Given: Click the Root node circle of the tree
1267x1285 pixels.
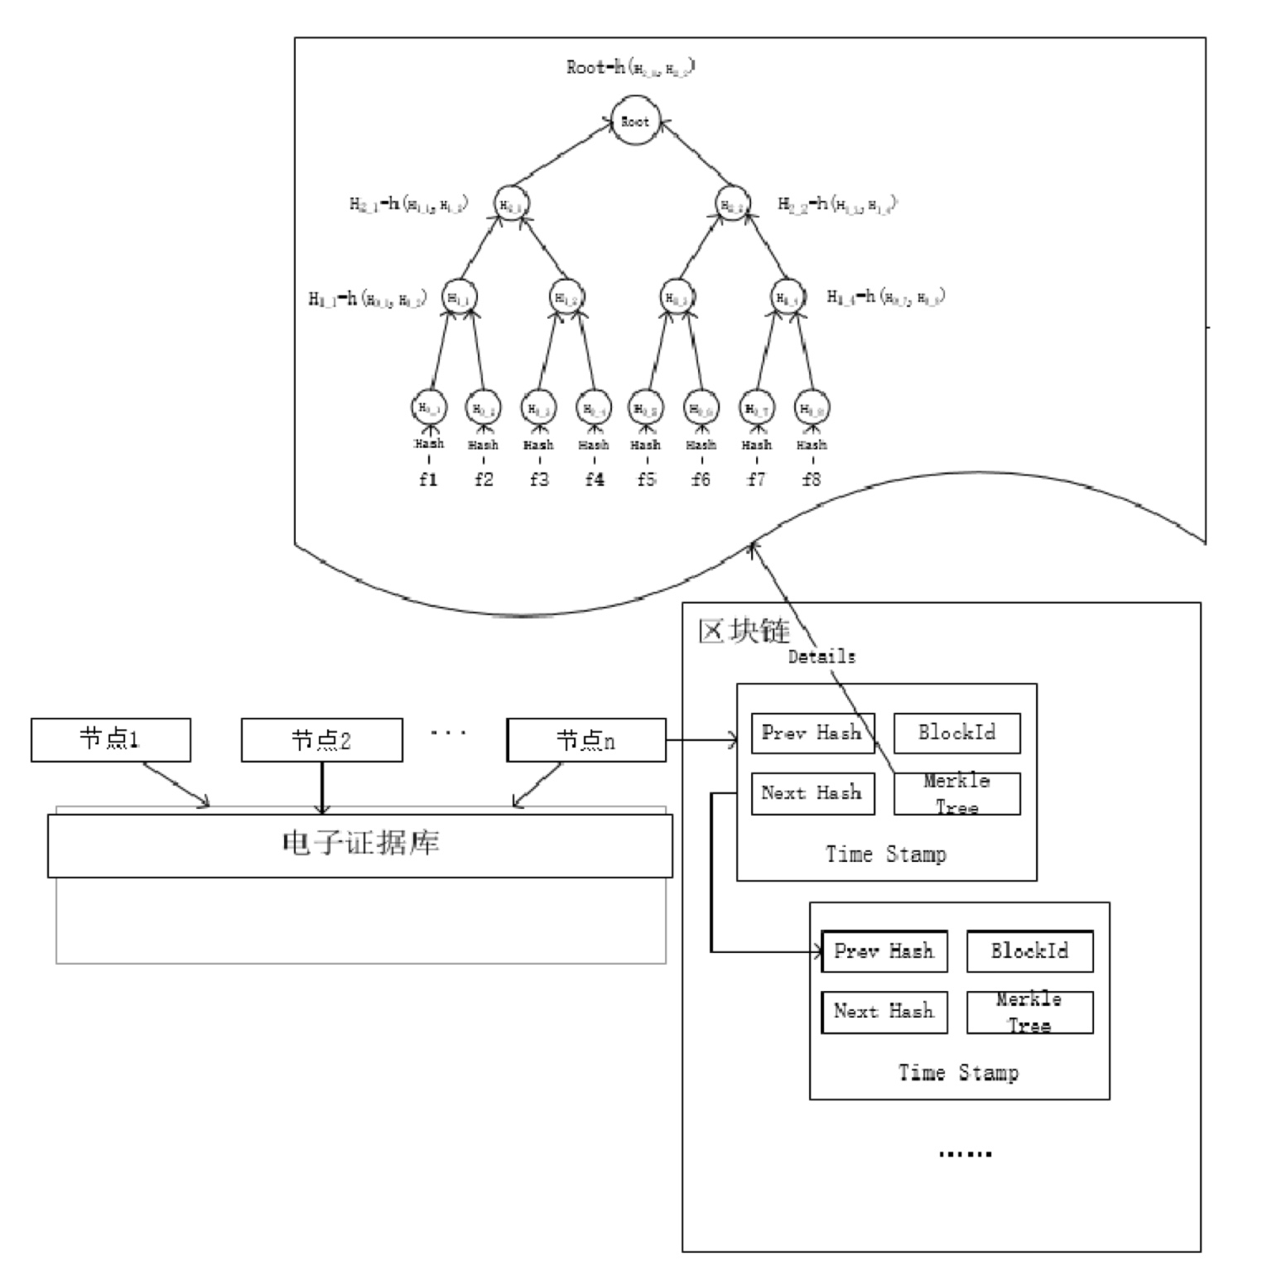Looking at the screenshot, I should point(635,122).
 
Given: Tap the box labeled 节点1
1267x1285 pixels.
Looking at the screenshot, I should point(111,739).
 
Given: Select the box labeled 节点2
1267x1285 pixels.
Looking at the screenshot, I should point(321,739).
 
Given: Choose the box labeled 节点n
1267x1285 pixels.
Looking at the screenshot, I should point(586,739).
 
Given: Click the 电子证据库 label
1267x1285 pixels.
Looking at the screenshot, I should point(360,844).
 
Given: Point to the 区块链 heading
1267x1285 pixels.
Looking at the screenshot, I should point(744,631).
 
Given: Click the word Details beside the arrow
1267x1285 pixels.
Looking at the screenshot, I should point(821,657).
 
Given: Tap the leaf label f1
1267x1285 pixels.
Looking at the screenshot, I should point(428,479).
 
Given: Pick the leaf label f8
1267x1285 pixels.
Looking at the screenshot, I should point(812,479).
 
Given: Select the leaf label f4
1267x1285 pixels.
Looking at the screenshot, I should point(594,479).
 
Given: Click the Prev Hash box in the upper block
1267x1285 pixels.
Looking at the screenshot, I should point(812,733).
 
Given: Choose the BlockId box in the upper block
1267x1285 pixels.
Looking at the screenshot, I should point(956,733).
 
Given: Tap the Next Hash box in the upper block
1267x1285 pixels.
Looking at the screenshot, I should point(812,793).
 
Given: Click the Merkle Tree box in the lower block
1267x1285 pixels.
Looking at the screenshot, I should point(1029,1012).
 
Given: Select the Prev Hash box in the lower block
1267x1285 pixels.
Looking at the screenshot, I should point(884,951).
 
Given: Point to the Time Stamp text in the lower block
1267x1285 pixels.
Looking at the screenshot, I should point(959,1073).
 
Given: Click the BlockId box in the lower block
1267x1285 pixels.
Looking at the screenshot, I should point(1029,951).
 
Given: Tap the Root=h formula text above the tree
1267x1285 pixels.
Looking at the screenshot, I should point(631,68).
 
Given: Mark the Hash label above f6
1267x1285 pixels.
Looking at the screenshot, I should point(701,445).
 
